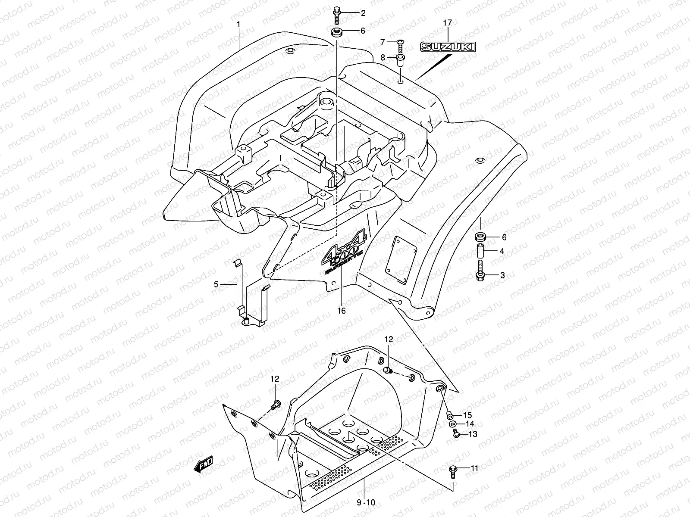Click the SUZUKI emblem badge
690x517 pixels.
click(x=448, y=47)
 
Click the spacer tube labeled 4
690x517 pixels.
click(x=480, y=251)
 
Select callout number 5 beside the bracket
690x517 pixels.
click(x=216, y=284)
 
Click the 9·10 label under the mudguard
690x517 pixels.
click(x=366, y=503)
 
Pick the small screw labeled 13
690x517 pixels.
click(x=456, y=435)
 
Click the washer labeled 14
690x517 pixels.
click(x=454, y=424)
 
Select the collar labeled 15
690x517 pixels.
click(x=450, y=415)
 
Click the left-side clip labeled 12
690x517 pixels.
click(x=275, y=405)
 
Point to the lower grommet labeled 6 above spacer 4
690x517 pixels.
click(x=480, y=237)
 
